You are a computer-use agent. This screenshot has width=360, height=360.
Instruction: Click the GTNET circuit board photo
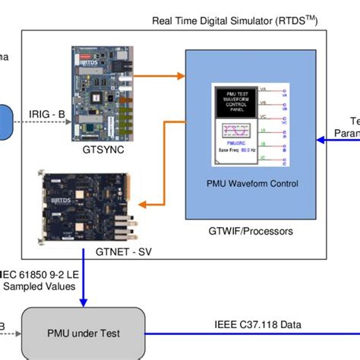pyautogui.click(x=84, y=202)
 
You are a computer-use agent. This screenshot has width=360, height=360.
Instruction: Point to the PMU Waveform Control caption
pyautogui.click(x=253, y=183)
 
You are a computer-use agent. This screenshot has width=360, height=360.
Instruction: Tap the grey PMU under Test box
pyautogui.click(x=83, y=331)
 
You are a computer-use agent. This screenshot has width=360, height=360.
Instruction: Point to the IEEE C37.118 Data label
pyautogui.click(x=259, y=324)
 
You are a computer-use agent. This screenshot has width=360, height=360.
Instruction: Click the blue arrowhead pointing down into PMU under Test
pyautogui.click(x=84, y=301)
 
